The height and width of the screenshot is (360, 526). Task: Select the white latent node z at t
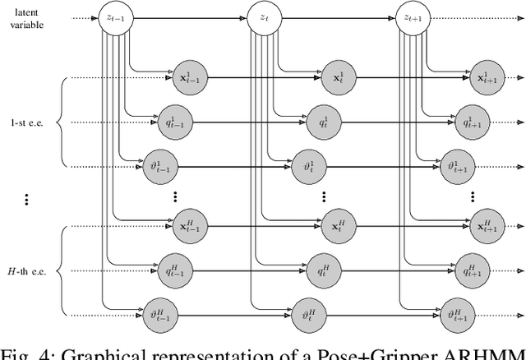tap(262, 16)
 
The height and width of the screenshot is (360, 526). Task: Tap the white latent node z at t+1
tap(411, 16)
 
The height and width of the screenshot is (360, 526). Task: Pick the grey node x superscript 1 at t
tap(336, 78)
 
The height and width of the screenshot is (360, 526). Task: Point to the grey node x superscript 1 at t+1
tap(485, 78)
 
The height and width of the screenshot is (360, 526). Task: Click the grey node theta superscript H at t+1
tap(456, 314)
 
